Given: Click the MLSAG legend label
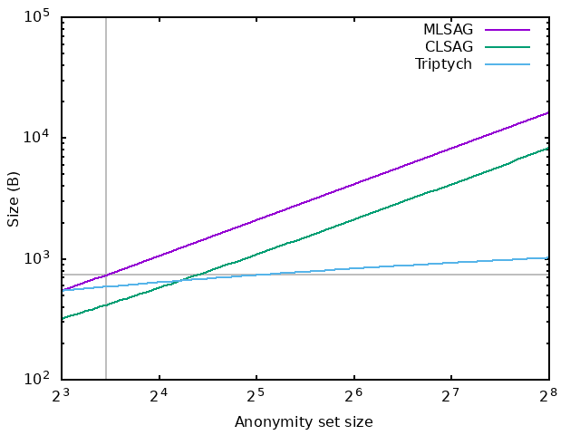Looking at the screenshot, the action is [x=448, y=29].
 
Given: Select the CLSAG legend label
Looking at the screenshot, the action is [x=449, y=46].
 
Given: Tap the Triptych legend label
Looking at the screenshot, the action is [x=443, y=64].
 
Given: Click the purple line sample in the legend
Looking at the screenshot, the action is [x=507, y=30].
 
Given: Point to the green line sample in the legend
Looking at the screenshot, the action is [x=507, y=47].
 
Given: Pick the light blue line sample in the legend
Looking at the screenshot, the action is [x=507, y=64].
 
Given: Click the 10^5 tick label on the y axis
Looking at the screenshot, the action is [x=36, y=16].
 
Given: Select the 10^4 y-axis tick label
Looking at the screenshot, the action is [x=36, y=137].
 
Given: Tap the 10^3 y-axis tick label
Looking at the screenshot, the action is [x=36, y=257].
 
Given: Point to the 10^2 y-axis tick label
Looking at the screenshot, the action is [x=36, y=379].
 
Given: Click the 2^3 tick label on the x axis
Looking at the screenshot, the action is [x=61, y=396].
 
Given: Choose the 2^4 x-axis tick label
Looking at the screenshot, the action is [x=159, y=396].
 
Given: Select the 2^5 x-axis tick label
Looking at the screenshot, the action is [x=256, y=396].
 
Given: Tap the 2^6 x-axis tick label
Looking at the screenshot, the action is [x=353, y=396].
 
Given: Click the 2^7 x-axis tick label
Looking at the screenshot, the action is [x=451, y=396].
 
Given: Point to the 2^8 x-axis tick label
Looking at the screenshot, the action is [x=548, y=396].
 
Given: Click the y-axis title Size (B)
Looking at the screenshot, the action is [x=14, y=199].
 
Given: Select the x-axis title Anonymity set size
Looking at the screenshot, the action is [x=304, y=422].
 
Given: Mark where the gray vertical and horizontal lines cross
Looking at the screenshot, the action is [x=106, y=275].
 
